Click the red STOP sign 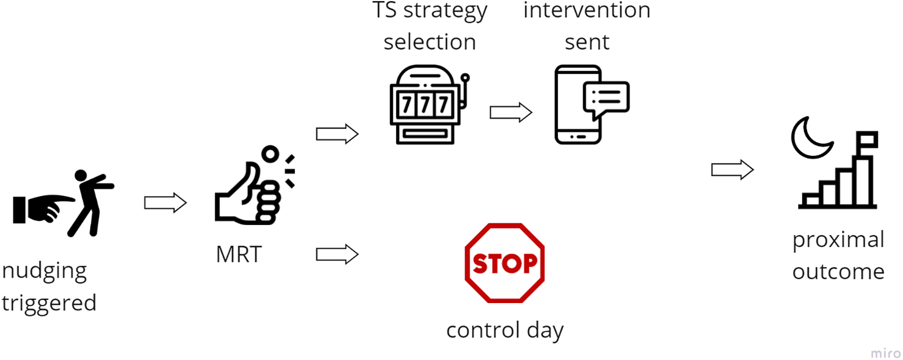coord(504,263)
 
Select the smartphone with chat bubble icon coord(590,105)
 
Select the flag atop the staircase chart coord(867,139)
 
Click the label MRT coord(239,255)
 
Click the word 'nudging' coord(44,271)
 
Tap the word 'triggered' coord(49,303)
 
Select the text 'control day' coord(504,330)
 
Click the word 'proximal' coord(838,240)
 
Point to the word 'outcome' coord(838,272)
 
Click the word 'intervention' coord(587,11)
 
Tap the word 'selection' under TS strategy coord(429,42)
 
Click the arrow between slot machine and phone coord(510,113)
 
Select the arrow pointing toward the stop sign coord(337,255)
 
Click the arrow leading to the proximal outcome coord(732,170)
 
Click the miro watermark coord(885,354)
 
